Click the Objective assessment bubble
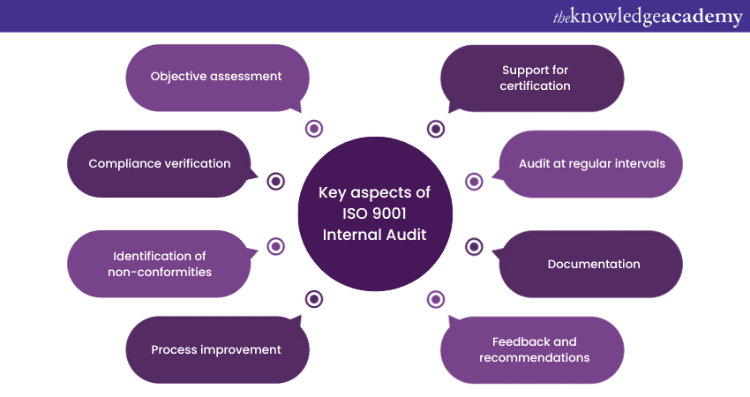click(x=217, y=77)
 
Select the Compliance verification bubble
click(x=160, y=163)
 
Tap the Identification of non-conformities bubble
click(x=160, y=264)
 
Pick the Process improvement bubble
click(x=217, y=349)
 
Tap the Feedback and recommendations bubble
click(x=534, y=349)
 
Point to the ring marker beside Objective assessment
click(x=314, y=129)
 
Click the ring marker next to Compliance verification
click(x=276, y=182)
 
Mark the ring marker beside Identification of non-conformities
click(x=276, y=246)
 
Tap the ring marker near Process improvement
click(x=314, y=299)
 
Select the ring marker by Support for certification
click(x=436, y=129)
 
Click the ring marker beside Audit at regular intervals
click(x=474, y=182)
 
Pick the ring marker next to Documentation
click(x=474, y=246)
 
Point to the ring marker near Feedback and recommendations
click(x=436, y=299)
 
